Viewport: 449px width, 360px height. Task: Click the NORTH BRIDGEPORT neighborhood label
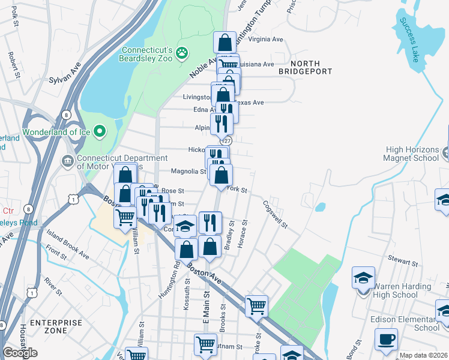coord(306,67)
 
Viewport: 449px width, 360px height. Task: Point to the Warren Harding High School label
coord(395,290)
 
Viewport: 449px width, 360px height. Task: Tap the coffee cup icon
coord(386,339)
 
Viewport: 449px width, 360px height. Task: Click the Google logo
coord(20,353)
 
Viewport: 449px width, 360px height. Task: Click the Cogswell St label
coord(274,214)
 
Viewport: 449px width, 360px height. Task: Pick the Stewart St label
coord(402,262)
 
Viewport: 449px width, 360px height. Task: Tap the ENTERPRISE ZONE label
coord(56,326)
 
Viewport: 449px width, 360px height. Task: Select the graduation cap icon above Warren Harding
coord(363,278)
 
